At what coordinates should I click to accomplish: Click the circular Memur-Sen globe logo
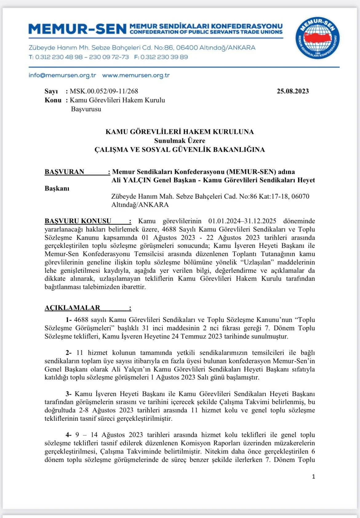coord(317,38)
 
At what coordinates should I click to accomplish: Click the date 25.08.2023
coord(292,91)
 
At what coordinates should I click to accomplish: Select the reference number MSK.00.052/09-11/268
coord(104,91)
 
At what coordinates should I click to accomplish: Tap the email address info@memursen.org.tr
coord(62,75)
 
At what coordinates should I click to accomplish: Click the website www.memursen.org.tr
coord(136,75)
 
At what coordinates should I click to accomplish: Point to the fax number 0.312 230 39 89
coord(164,57)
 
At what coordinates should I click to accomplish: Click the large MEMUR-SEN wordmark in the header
coord(78,29)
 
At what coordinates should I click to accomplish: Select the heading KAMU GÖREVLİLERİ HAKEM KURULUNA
coord(179,132)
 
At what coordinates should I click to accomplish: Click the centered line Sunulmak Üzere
coord(179,141)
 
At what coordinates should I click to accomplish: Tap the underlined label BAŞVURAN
coord(64,172)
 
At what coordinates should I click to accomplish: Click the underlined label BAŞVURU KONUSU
coord(78,221)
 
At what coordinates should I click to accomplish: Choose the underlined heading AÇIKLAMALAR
coord(72,308)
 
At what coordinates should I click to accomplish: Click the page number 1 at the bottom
coord(314,476)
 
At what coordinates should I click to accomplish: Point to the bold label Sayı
coord(51,91)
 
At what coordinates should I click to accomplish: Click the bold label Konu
coord(53,100)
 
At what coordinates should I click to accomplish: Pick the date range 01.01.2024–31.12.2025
coord(242,221)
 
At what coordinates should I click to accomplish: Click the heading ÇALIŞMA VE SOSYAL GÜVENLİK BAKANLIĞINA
coord(179,149)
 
